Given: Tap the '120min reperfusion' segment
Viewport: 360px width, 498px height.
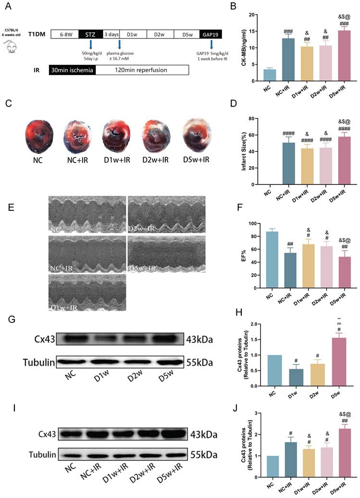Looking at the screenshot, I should (x=142, y=70).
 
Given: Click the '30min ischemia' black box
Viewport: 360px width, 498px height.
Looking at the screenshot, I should (x=73, y=70).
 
